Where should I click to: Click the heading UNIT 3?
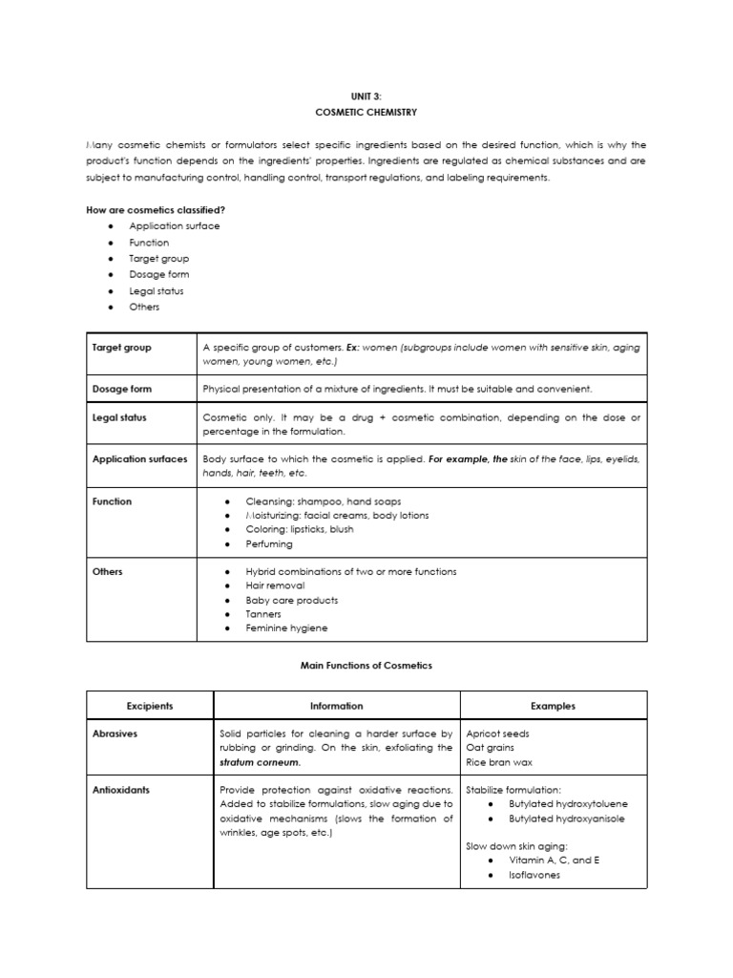tap(366, 96)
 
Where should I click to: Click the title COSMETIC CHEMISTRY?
tap(366, 112)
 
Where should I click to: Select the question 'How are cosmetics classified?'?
tap(156, 210)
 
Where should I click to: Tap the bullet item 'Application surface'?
tap(175, 226)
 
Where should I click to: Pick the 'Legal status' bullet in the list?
tap(157, 291)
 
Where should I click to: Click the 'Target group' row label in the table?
tap(122, 348)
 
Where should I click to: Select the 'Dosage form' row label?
tap(122, 390)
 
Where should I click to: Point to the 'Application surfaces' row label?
tap(140, 459)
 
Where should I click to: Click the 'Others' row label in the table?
tap(108, 571)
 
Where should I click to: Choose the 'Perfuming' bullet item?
tap(269, 543)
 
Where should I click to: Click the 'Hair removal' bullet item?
tap(278, 585)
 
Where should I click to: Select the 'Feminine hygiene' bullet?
tap(286, 628)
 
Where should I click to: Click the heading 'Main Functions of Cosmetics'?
tap(366, 666)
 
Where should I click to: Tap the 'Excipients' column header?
tap(150, 706)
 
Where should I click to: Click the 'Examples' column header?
tap(554, 706)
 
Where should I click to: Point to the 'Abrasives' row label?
tap(116, 733)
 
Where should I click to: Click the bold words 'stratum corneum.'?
tap(260, 762)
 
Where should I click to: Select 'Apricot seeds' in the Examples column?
tap(497, 733)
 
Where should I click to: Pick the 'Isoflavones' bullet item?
tap(535, 875)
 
